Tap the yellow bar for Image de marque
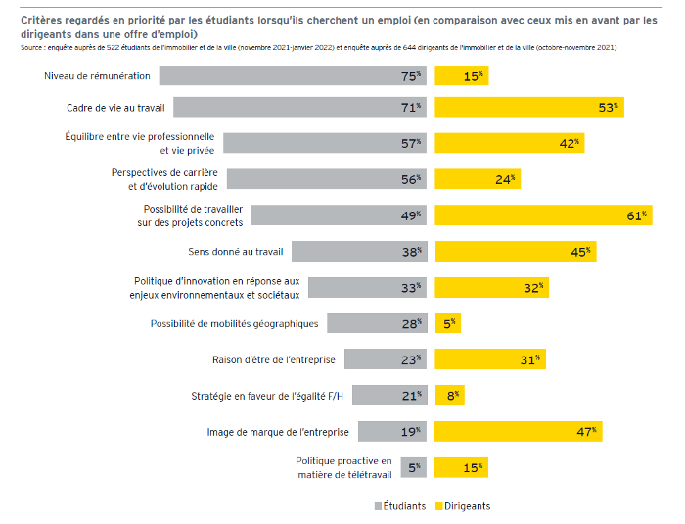click(x=519, y=431)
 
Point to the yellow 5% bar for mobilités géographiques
click(x=447, y=323)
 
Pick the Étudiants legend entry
click(x=399, y=506)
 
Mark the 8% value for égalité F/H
click(x=451, y=395)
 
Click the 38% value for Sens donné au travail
click(x=411, y=252)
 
